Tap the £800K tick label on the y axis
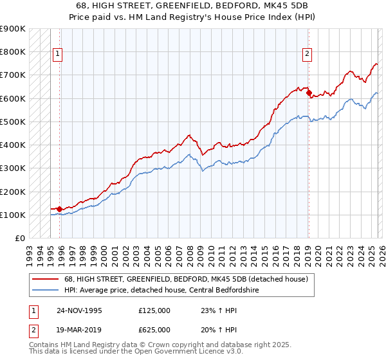(13, 52)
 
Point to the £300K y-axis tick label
(13, 168)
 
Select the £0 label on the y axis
(19, 239)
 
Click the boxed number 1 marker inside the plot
(58, 55)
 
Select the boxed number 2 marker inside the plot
(308, 55)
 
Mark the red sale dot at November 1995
(60, 209)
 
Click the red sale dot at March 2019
(309, 93)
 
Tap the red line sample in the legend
(46, 279)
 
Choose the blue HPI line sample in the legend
(46, 290)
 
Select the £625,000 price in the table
(154, 329)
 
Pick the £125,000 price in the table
(154, 310)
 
